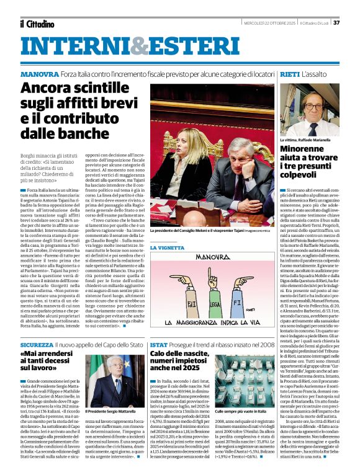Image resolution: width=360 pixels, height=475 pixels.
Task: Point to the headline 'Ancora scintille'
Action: coord(78,88)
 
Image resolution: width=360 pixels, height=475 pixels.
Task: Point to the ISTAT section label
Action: coord(158,344)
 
